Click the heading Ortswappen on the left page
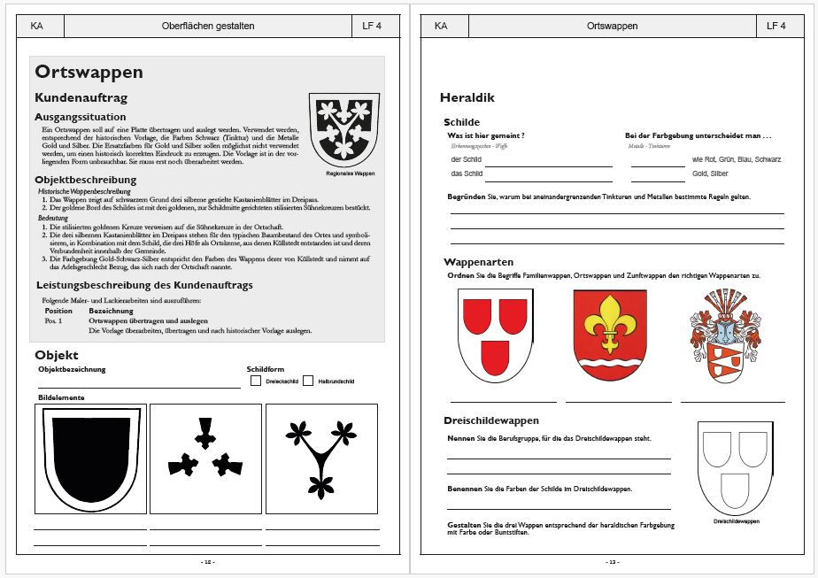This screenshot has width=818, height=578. pos(87,73)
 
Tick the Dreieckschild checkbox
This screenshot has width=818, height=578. pos(256,381)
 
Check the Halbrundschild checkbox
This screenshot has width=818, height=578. pos(308,381)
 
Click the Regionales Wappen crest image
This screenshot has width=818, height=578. pos(343,129)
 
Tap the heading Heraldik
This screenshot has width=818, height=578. pos(467,98)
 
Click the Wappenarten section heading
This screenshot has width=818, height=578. pos(478,262)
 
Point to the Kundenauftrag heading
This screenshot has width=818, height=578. pos(81,96)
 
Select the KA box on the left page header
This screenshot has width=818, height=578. pos(36,26)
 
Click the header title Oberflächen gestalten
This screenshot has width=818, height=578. pos(208,26)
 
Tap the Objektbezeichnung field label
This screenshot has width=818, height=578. pos(72,369)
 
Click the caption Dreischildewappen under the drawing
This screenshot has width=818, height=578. pos(736,521)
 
